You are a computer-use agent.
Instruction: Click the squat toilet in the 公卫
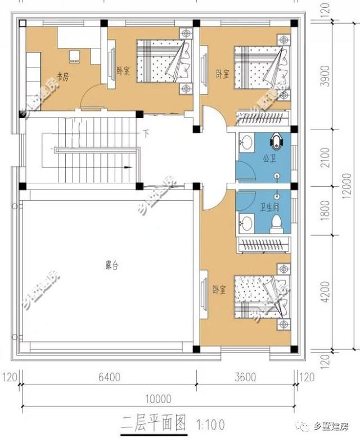(x=276, y=139)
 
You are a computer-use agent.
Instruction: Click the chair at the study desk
(x=74, y=55)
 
